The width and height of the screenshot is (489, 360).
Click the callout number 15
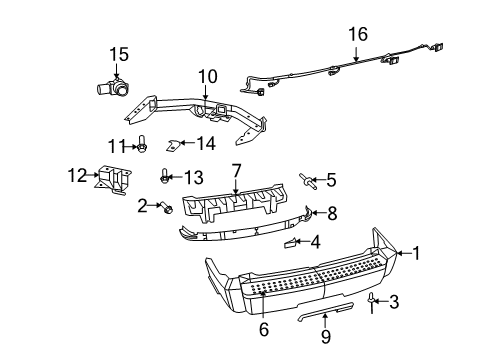(x=119, y=53)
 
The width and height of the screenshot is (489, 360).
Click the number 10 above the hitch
(x=207, y=75)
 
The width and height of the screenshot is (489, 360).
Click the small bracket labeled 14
(x=174, y=147)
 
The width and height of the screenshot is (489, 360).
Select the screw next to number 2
(x=167, y=208)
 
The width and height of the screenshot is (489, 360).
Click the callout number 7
(x=236, y=171)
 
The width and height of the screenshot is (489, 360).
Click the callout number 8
(x=332, y=212)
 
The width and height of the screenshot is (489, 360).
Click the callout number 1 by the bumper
(x=417, y=253)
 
